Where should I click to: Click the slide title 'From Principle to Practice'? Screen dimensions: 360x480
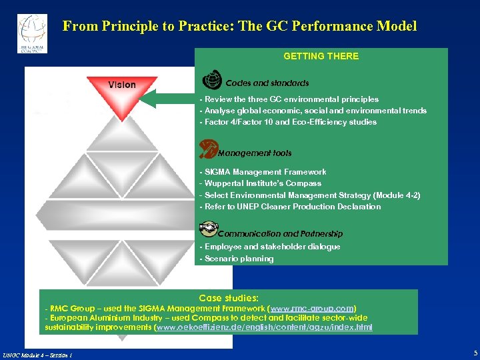point(239,26)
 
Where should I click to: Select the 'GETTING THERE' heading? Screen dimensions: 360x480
point(321,56)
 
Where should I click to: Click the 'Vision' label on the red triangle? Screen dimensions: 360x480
point(122,85)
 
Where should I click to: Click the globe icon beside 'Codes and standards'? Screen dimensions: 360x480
point(211,80)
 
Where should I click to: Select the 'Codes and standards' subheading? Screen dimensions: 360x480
point(267,83)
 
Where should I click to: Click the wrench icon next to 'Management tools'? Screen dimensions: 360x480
point(209,147)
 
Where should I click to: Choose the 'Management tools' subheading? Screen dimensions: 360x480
point(255,153)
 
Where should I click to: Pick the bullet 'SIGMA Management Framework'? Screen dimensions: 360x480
point(263,172)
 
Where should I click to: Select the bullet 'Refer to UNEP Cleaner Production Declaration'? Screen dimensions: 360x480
point(290,207)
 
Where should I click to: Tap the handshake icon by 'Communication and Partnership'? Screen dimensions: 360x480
point(209,229)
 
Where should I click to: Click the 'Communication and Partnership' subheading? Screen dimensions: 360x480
point(280,234)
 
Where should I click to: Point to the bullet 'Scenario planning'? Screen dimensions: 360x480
point(237,259)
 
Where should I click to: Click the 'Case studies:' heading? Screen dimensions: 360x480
point(229,298)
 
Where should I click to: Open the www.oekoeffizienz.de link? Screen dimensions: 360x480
point(264,327)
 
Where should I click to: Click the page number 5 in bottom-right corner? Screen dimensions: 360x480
point(475,353)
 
